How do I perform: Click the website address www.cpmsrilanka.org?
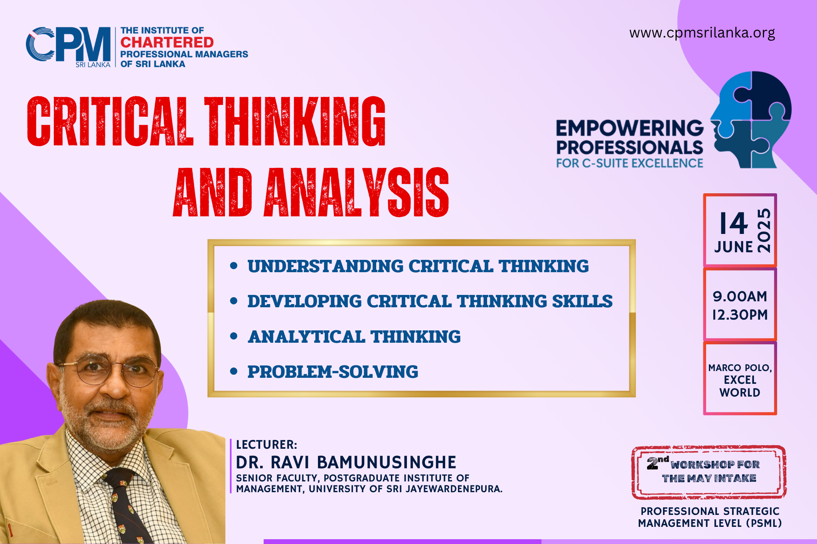click(x=702, y=33)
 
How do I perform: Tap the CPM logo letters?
click(x=68, y=45)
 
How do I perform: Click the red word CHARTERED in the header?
click(x=167, y=42)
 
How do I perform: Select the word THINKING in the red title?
click(x=295, y=121)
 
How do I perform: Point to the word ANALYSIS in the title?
click(x=356, y=192)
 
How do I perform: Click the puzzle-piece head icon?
click(x=751, y=120)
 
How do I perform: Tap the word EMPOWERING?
click(x=630, y=128)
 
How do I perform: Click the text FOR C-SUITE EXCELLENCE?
click(x=630, y=163)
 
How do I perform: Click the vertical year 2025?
click(x=764, y=230)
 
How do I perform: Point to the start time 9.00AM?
click(x=740, y=296)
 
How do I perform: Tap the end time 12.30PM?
click(x=740, y=315)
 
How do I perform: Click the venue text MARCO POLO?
click(x=740, y=367)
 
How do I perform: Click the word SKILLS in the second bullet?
click(x=582, y=301)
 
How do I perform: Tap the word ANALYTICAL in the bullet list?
click(x=306, y=337)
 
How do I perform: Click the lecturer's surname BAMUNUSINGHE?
click(x=387, y=462)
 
